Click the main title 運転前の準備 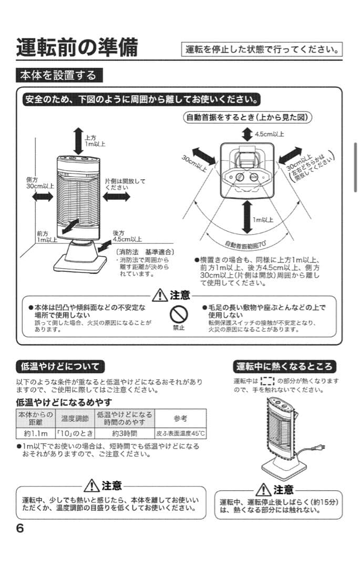tap(77, 48)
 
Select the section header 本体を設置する tap(58, 76)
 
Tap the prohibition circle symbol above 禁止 tap(179, 314)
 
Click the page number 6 tap(20, 529)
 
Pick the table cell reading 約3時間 tap(125, 434)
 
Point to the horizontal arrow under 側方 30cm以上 tap(42, 196)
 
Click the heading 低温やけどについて tap(60, 366)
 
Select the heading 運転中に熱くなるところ tap(284, 366)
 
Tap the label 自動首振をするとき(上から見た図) tap(247, 117)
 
